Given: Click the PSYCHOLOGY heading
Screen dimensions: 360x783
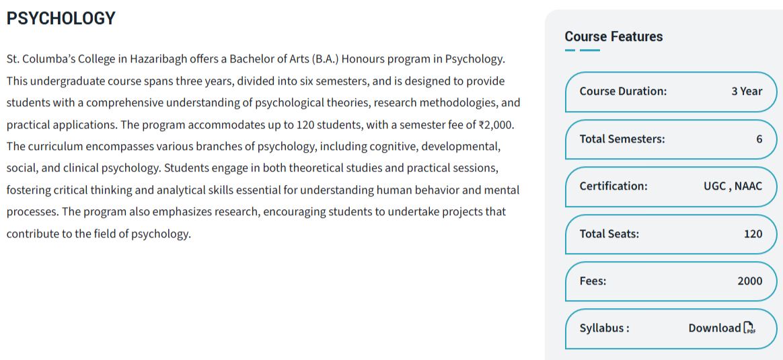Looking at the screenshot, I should [x=61, y=18].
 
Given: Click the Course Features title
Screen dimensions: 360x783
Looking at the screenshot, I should [x=613, y=36].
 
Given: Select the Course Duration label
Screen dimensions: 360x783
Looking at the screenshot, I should [x=623, y=91].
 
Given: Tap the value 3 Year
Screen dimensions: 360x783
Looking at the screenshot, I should [x=747, y=91].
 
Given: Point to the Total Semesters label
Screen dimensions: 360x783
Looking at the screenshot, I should [x=622, y=139].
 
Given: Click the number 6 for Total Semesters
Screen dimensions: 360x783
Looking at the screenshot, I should [x=759, y=139].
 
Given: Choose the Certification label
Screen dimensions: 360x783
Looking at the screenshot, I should [x=613, y=186].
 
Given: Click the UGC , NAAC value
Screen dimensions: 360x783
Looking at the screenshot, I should [x=733, y=186].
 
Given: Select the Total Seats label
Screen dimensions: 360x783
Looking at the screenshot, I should [x=609, y=233].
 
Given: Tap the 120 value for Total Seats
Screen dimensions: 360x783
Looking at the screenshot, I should [x=753, y=233].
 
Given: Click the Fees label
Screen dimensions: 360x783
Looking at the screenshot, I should [x=593, y=281].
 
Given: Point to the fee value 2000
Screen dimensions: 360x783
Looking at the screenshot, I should [x=749, y=281].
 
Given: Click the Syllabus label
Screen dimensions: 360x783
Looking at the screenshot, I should [x=604, y=328].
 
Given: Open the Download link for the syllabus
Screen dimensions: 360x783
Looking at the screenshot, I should [x=714, y=328].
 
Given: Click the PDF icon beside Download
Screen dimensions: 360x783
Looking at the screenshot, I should [x=749, y=328].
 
